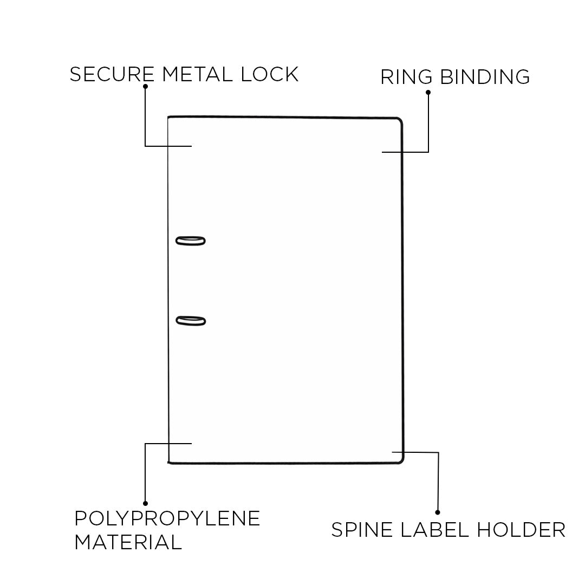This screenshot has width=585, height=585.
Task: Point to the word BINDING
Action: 485,77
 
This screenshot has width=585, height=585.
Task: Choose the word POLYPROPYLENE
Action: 167,518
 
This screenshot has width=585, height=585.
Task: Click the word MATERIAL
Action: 128,542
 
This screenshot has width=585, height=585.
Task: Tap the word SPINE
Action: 362,529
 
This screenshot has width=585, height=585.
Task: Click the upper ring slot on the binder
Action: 191,240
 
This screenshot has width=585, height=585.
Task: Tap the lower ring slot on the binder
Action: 191,321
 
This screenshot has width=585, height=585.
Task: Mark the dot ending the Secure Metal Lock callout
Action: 145,86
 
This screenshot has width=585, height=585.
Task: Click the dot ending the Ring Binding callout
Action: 428,92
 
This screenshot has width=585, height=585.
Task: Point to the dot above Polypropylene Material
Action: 145,503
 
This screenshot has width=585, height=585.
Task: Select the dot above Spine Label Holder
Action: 438,512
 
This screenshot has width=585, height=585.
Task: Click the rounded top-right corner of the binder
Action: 400,121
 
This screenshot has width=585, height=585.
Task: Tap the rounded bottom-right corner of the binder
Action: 400,460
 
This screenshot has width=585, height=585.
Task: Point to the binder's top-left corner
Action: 169,117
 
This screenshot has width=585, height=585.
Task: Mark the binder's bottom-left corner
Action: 170,462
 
